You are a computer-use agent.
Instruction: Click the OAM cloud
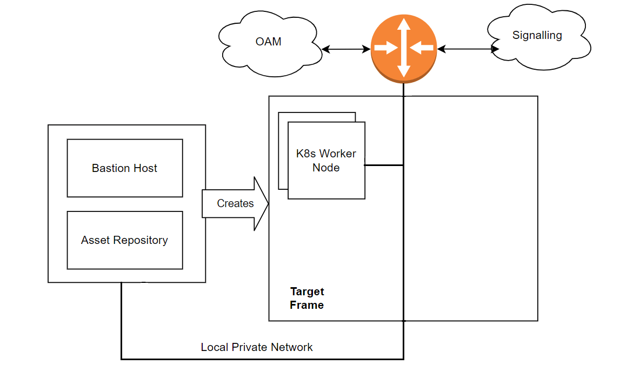click(x=269, y=42)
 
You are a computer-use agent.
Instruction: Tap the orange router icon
click(x=403, y=48)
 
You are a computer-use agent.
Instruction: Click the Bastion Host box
click(x=125, y=168)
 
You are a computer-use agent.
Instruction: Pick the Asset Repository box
click(x=125, y=240)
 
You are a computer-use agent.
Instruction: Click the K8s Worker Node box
click(x=326, y=161)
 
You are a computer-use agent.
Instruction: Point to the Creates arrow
click(x=236, y=203)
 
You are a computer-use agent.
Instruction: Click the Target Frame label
click(x=307, y=298)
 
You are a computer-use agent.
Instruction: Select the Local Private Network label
click(x=257, y=347)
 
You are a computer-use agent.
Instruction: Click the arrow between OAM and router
click(x=346, y=49)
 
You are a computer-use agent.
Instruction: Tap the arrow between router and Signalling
click(x=468, y=49)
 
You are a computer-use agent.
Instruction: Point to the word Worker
click(x=338, y=154)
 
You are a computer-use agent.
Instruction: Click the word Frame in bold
click(x=306, y=305)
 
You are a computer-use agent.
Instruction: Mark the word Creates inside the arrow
click(x=235, y=203)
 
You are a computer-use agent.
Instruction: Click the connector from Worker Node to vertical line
click(x=384, y=165)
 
